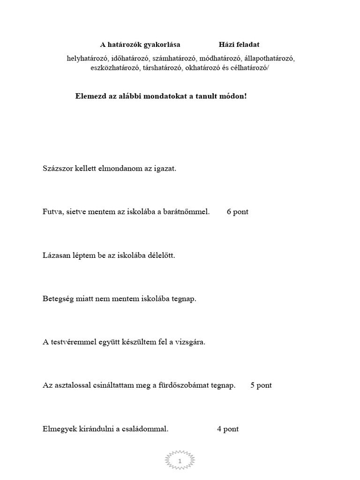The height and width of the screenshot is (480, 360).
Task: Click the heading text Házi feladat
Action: pyautogui.click(x=239, y=45)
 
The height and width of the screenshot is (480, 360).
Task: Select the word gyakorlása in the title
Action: pyautogui.click(x=161, y=45)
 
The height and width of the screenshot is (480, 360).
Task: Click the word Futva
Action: pyautogui.click(x=52, y=211)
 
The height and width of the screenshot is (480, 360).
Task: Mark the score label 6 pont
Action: pyautogui.click(x=238, y=211)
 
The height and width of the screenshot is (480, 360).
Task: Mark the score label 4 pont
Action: pyautogui.click(x=228, y=428)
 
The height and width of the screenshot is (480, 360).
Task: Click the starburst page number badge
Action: pyautogui.click(x=180, y=462)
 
